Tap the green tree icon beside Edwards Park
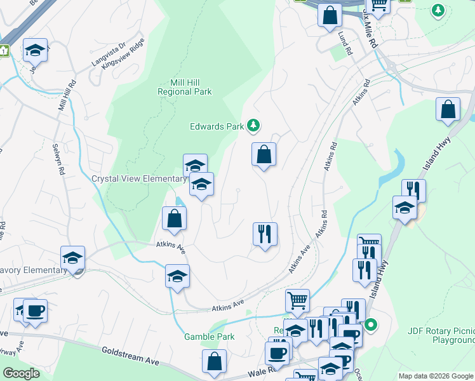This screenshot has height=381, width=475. click(x=253, y=126)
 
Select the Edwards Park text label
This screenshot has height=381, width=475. click(x=217, y=126)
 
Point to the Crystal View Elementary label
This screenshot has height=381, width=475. click(x=138, y=178)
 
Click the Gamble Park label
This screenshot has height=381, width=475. click(x=209, y=337)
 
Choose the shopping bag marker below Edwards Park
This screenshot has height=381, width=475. click(x=264, y=154)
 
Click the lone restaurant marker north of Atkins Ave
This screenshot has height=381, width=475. click(x=265, y=234)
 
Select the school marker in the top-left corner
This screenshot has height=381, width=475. click(x=35, y=50)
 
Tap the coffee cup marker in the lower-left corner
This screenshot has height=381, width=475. click(x=35, y=311)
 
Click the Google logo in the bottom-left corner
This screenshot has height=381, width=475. click(x=21, y=373)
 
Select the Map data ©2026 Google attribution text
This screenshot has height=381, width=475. click(x=435, y=376)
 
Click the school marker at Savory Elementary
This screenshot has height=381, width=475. click(x=72, y=258)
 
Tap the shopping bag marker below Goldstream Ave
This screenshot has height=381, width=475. click(x=215, y=361)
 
